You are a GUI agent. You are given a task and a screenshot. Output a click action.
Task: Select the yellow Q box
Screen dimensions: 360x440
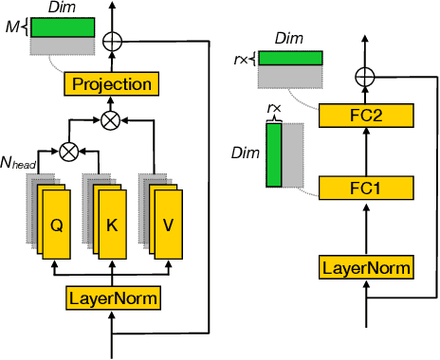click(x=55, y=226)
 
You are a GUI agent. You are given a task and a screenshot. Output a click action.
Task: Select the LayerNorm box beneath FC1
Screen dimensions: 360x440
click(x=366, y=268)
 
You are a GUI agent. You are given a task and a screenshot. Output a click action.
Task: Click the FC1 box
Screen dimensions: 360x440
click(x=366, y=188)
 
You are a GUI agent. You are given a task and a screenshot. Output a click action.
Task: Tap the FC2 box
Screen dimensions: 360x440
click(x=366, y=116)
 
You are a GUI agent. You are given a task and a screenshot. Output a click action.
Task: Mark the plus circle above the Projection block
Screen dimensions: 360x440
click(x=113, y=41)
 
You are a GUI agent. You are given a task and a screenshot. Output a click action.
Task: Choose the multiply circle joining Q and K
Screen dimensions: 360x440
click(x=67, y=150)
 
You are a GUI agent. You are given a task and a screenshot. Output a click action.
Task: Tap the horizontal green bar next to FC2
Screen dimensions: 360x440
click(x=289, y=59)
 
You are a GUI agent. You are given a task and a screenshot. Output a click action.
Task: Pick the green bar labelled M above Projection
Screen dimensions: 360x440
click(x=62, y=27)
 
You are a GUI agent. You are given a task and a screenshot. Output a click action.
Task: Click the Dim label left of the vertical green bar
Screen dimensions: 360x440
click(x=245, y=152)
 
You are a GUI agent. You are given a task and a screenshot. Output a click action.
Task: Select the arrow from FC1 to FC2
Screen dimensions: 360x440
click(x=366, y=152)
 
